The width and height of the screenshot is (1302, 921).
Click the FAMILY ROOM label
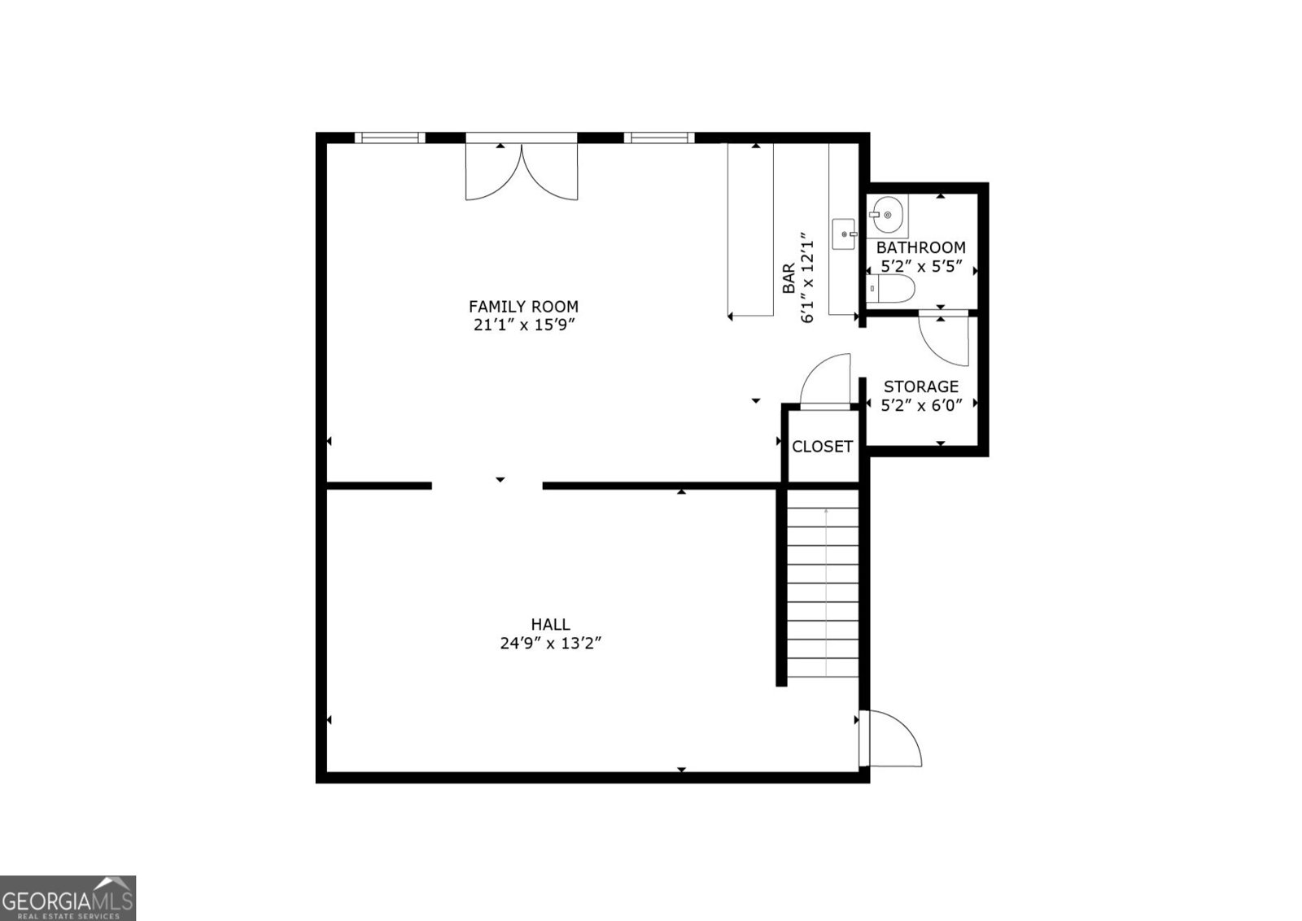523,306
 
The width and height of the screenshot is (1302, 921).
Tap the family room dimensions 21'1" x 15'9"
524,325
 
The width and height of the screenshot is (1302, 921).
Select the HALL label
550,625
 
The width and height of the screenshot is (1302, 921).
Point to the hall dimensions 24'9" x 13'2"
550,644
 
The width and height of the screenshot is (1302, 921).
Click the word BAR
789,278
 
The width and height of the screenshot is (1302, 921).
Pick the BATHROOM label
920,247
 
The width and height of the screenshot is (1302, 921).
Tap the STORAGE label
921,386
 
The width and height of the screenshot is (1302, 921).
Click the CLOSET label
822,447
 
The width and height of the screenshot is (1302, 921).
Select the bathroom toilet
890,288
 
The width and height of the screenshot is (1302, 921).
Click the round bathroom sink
888,215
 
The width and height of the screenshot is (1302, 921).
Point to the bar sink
844,234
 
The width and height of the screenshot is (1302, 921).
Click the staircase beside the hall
823,583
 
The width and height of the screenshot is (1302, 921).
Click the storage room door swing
943,341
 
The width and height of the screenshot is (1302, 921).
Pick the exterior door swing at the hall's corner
890,738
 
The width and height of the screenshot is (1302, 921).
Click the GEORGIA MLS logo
68,897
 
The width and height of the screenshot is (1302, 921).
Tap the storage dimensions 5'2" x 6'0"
922,405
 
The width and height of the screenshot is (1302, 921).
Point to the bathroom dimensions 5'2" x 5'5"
922,267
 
